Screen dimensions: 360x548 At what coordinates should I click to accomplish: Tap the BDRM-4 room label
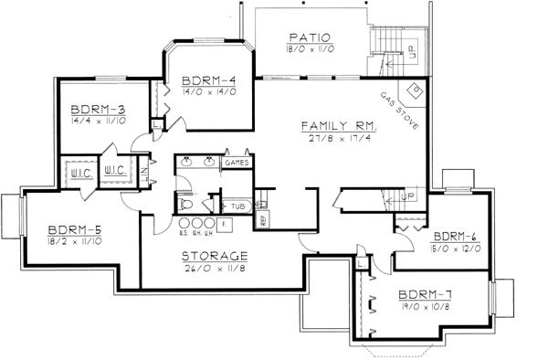click(x=203, y=78)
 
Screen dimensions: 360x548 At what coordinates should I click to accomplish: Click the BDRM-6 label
click(x=454, y=235)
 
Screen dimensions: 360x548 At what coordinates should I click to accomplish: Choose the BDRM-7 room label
click(x=423, y=296)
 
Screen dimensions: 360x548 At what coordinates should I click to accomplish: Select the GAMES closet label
click(x=237, y=163)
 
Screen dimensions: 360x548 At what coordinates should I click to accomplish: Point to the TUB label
click(x=237, y=206)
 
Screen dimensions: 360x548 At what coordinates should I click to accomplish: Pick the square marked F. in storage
click(x=224, y=224)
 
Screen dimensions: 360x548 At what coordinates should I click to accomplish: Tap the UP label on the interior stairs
click(x=408, y=196)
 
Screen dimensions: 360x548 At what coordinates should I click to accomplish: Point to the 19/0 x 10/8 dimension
click(x=424, y=309)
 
